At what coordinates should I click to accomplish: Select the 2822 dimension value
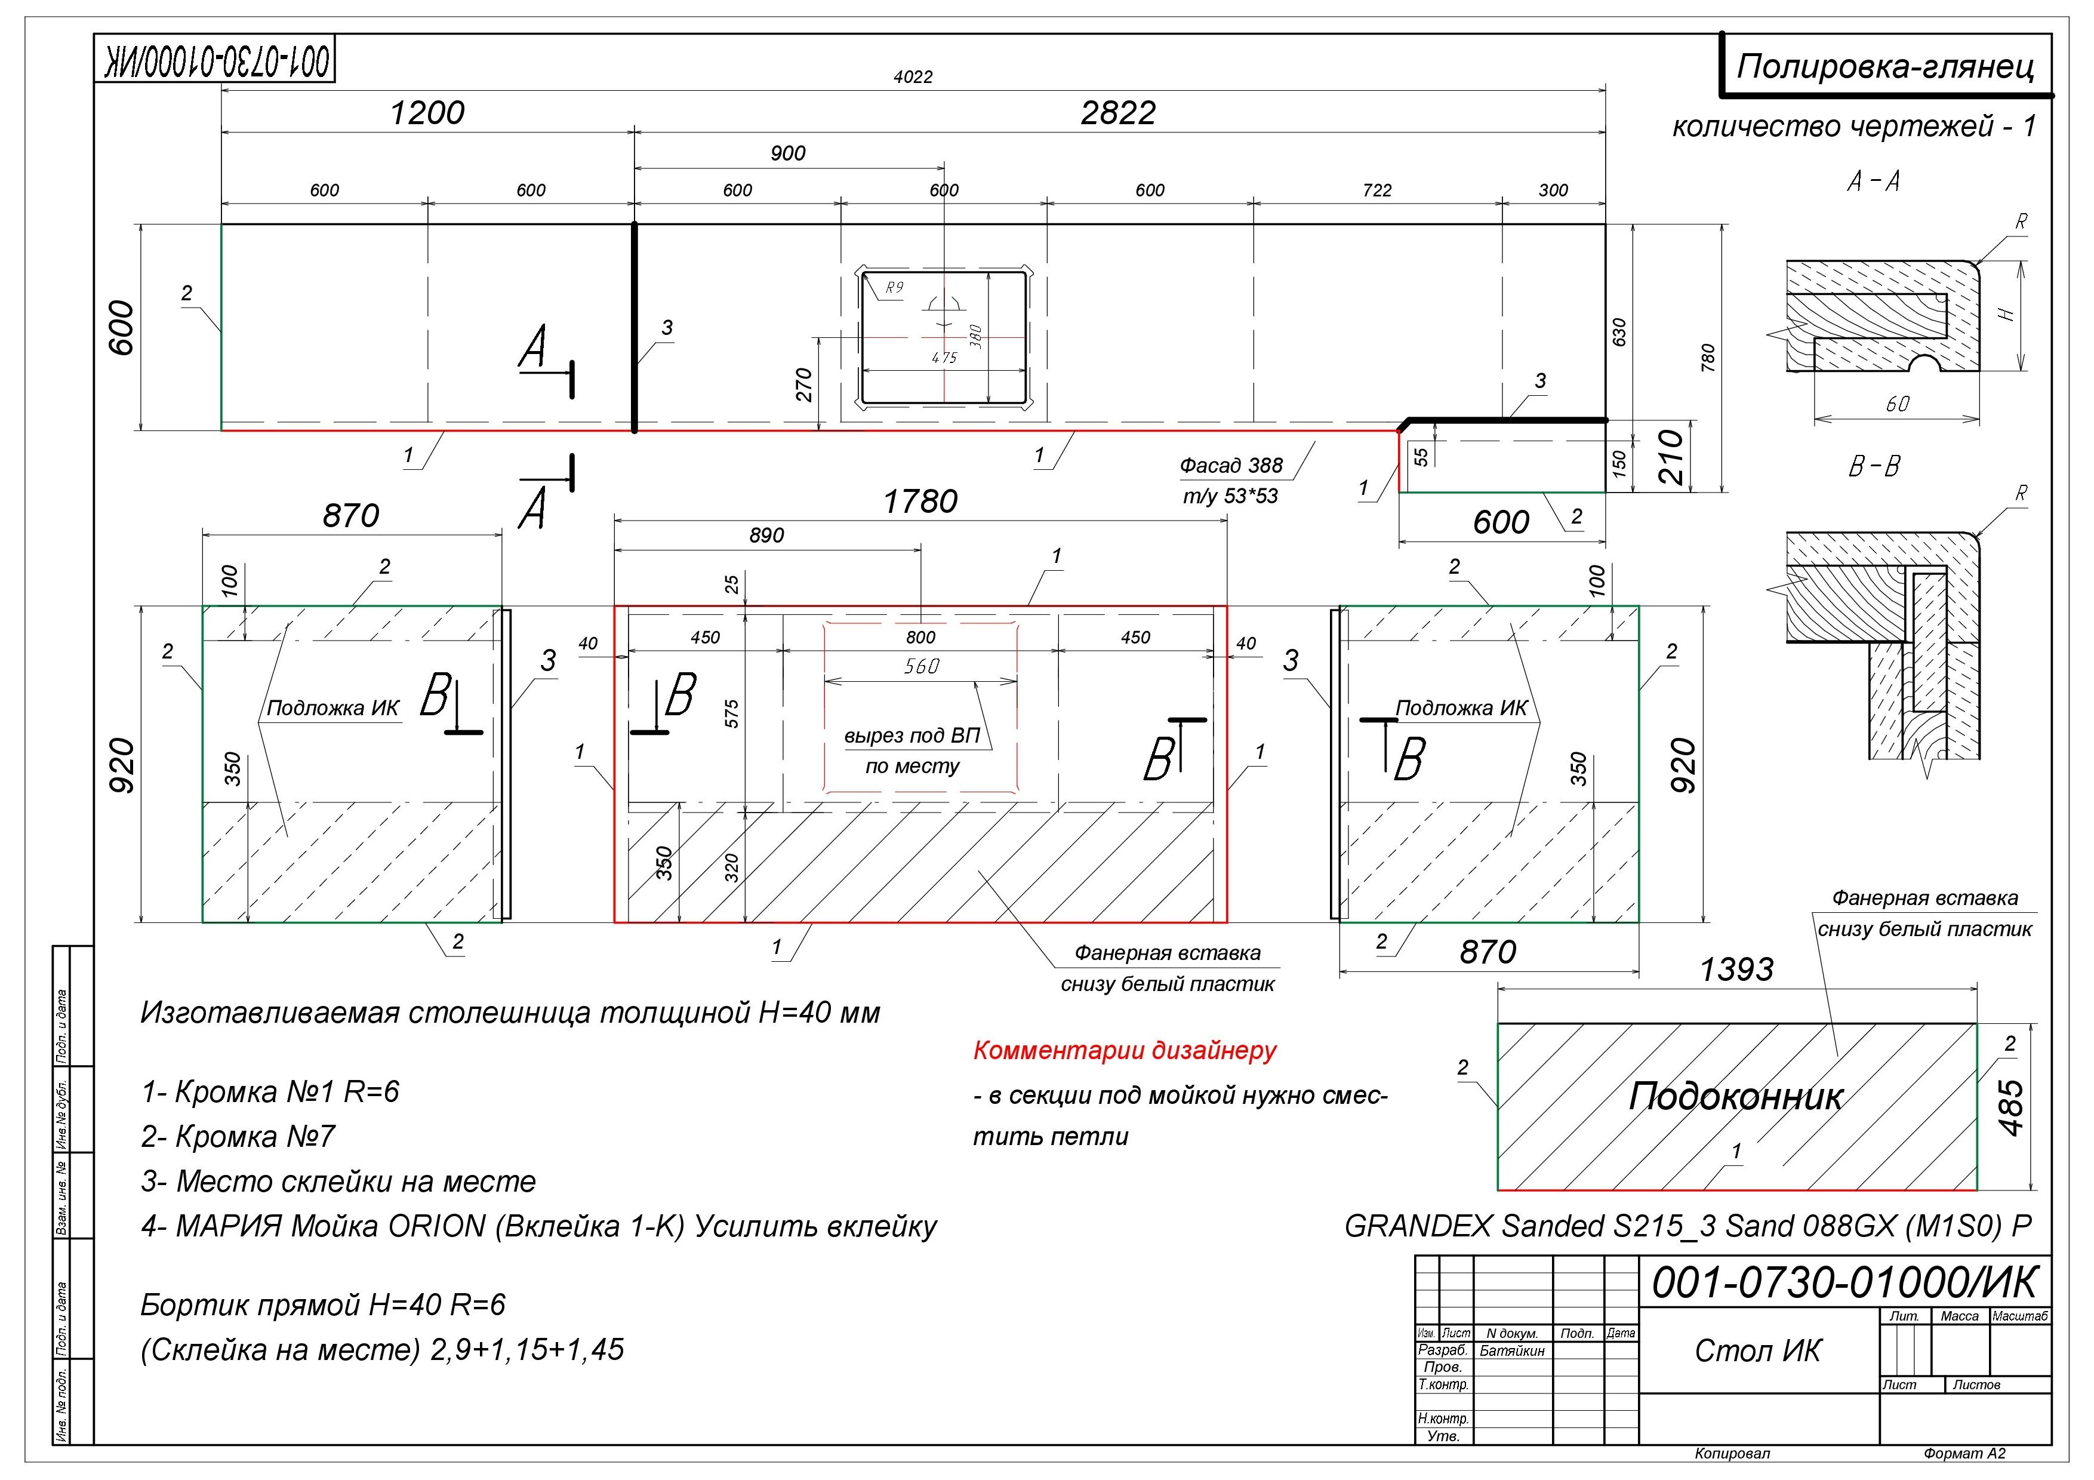pos(1118,113)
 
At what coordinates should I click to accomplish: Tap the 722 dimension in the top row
pos(1377,190)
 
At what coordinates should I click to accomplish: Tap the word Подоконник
pos(1736,1097)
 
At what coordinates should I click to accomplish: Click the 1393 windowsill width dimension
pos(1736,970)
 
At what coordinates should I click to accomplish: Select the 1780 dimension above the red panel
pos(920,501)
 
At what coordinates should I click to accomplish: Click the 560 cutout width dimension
pos(921,667)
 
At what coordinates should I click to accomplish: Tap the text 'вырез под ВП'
pos(912,736)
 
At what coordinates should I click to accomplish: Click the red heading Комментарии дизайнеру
pos(1125,1051)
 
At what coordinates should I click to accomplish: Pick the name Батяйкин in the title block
pos(1512,1350)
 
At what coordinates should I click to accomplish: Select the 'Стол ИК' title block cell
pos(1757,1350)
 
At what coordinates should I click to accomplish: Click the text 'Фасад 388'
pos(1231,466)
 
